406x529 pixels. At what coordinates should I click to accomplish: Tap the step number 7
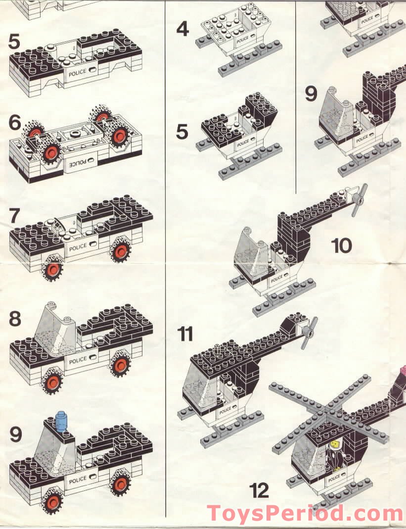[x=15, y=216]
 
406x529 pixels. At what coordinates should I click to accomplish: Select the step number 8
[x=15, y=319]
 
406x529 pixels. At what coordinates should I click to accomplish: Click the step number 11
[x=185, y=334]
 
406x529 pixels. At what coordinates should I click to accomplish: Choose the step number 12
[x=259, y=490]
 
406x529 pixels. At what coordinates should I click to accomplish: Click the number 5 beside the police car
[x=15, y=42]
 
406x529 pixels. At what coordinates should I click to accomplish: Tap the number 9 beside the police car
[x=16, y=434]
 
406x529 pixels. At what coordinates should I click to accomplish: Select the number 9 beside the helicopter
[x=311, y=94]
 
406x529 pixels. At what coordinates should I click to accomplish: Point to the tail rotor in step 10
[x=357, y=200]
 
